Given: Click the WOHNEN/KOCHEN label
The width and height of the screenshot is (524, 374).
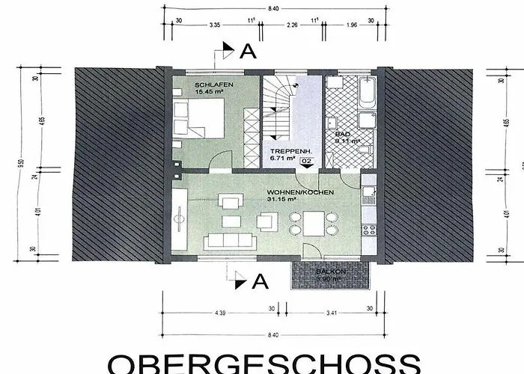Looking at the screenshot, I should click(300, 191).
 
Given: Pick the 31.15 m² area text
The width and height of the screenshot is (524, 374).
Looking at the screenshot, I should click(282, 200).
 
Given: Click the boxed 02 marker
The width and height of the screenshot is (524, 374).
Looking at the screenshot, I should click(305, 161).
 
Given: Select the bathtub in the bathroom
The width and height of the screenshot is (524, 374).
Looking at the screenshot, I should click(367, 91).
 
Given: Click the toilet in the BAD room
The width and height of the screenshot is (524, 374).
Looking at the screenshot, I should click(365, 153).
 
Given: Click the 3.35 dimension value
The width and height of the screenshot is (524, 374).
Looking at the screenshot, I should click(215, 24).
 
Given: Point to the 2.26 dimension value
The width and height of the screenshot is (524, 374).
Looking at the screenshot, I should click(293, 24).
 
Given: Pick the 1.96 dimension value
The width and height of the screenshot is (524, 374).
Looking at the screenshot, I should click(352, 24).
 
